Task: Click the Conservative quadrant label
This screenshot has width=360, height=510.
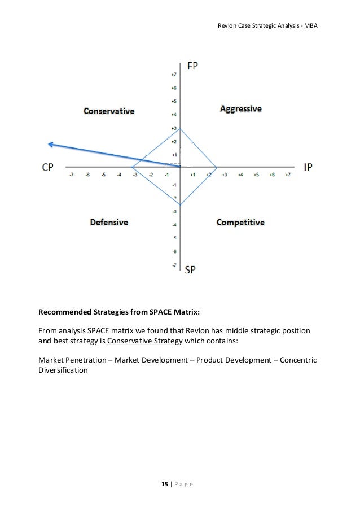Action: click(109, 111)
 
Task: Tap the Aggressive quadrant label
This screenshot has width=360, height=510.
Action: click(241, 108)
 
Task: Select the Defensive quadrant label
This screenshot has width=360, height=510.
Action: click(109, 223)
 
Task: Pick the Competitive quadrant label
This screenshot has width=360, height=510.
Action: click(240, 223)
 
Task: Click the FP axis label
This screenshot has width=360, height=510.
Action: click(192, 66)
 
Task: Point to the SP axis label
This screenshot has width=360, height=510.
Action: click(191, 270)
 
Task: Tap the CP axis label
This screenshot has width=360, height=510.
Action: click(49, 167)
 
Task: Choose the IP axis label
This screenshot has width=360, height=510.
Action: click(308, 167)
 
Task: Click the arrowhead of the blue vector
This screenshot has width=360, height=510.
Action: click(50, 145)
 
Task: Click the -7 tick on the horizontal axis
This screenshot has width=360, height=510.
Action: click(72, 175)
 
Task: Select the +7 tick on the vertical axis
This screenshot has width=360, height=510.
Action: click(174, 75)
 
